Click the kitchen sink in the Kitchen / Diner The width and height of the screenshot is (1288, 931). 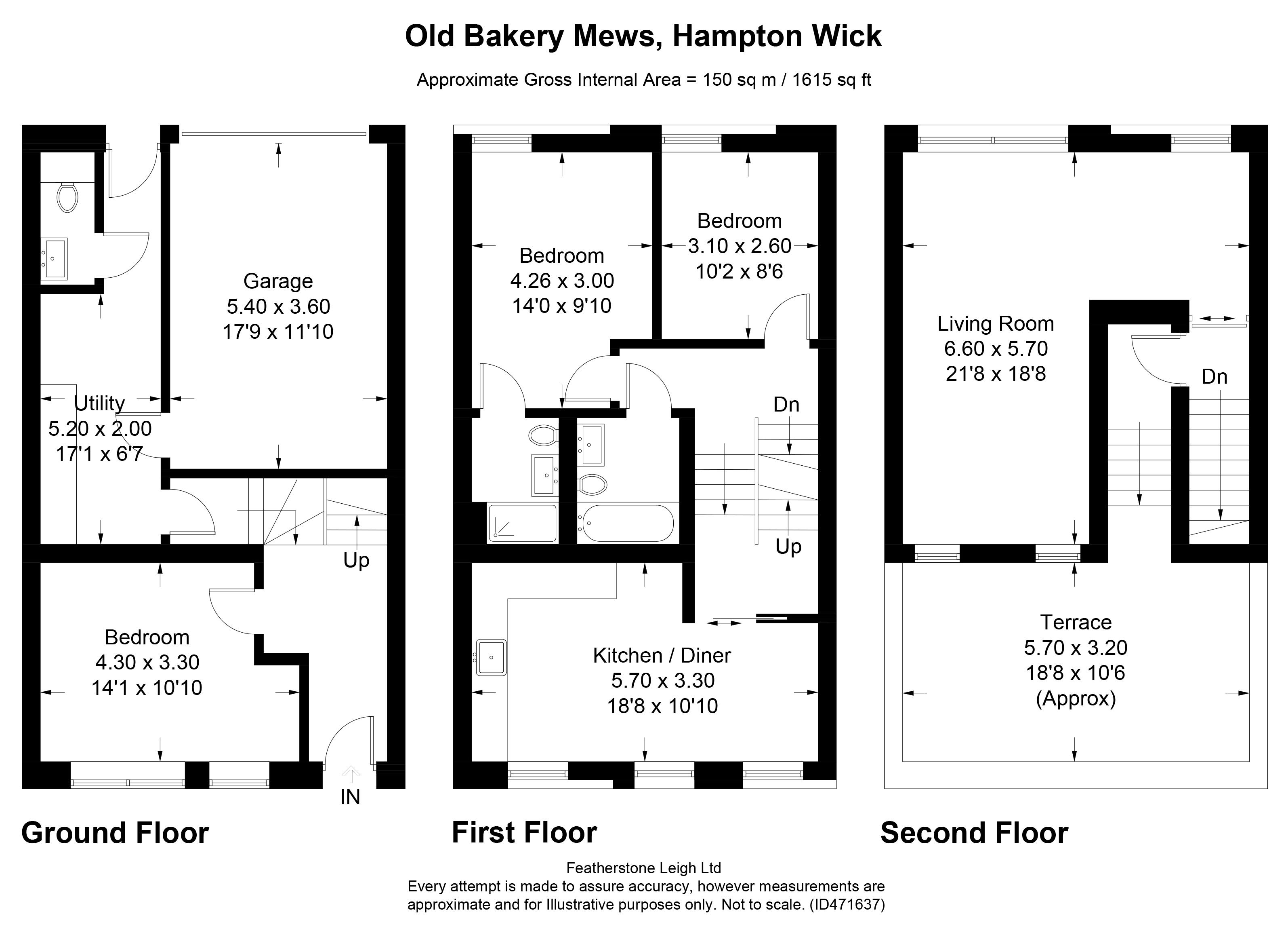click(x=491, y=658)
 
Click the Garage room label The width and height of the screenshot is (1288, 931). click(x=278, y=281)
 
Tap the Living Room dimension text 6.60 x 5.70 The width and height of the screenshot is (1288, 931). click(x=996, y=348)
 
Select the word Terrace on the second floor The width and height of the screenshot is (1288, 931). click(x=1076, y=623)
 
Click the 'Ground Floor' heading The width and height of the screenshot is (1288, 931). click(x=115, y=833)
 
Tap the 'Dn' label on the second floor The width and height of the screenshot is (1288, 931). click(x=1214, y=377)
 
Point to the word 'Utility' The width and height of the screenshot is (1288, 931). click(x=99, y=403)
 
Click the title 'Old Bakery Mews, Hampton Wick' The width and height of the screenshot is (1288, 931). click(x=643, y=36)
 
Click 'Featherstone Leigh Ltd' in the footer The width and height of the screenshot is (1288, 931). click(x=644, y=868)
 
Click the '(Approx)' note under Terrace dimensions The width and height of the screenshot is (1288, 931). click(x=1076, y=698)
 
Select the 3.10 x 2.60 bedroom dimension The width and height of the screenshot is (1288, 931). click(x=740, y=246)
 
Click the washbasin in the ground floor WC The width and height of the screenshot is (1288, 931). click(x=54, y=259)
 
